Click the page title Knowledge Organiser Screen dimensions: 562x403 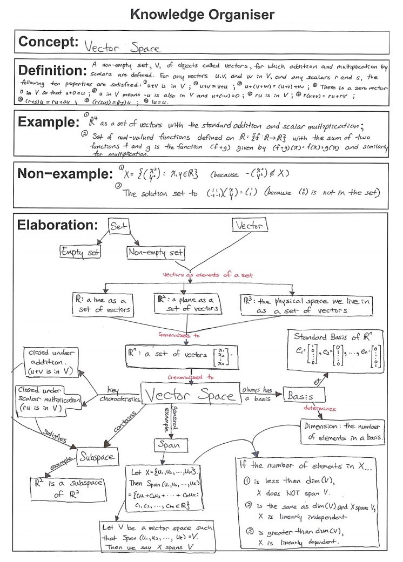(x=202, y=15)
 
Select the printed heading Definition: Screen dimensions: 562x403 (x=55, y=71)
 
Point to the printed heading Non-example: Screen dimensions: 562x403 (x=66, y=174)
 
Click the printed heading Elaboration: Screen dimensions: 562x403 (x=58, y=225)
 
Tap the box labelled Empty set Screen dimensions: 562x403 (x=82, y=251)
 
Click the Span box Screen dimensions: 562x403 (x=170, y=446)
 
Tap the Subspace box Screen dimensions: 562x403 (x=97, y=457)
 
